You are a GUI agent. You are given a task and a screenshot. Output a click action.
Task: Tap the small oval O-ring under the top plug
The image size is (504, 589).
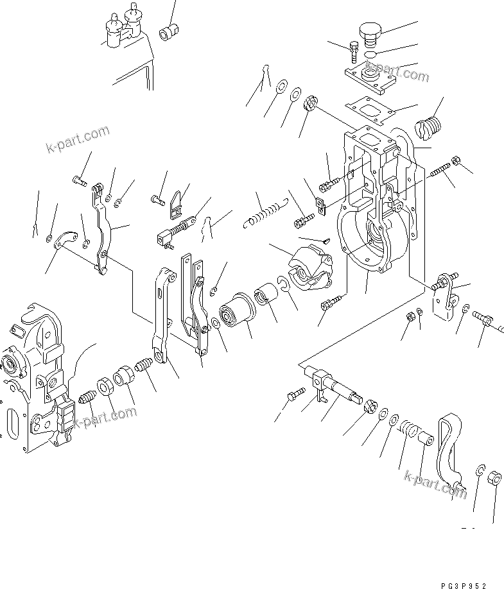coord(370,55)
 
